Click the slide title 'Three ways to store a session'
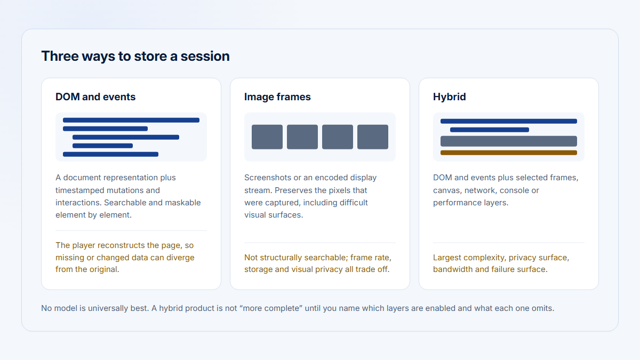pos(135,57)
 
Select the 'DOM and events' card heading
pos(95,97)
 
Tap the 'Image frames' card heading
pos(277,97)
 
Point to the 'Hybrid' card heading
pos(450,97)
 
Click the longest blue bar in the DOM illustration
pos(131,121)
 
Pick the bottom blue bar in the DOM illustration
pos(110,154)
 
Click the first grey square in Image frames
pos(267,137)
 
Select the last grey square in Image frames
pos(373,137)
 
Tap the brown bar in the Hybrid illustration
pos(509,153)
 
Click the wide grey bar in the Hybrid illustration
pos(509,141)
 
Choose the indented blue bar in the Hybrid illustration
pos(490,130)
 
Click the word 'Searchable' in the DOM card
pos(125,203)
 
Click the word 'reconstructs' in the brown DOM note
pos(121,245)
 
